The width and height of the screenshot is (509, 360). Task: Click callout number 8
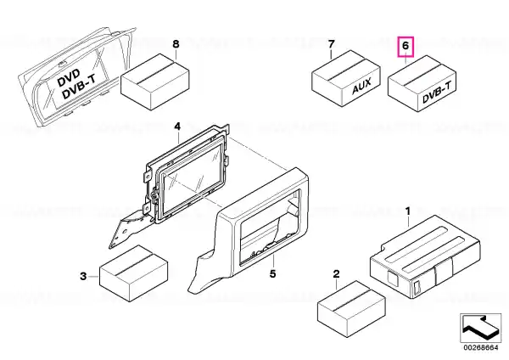[x=176, y=44]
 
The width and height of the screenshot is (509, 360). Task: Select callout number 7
[x=331, y=44]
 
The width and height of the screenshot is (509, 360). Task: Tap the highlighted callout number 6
[x=406, y=46]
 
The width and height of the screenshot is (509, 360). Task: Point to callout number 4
[x=177, y=127]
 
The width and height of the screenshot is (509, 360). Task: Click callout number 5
[x=272, y=274]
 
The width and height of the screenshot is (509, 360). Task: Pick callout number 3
[x=83, y=276]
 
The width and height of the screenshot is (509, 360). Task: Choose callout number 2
[x=336, y=274]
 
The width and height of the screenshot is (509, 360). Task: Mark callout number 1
[x=408, y=211]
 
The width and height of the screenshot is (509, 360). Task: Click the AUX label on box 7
[x=361, y=86]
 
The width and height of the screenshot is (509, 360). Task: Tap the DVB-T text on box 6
[x=437, y=93]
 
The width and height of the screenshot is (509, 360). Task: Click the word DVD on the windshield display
[x=68, y=78]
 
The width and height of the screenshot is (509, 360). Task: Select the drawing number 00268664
[x=481, y=347]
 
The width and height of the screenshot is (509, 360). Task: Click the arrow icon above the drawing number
[x=480, y=328]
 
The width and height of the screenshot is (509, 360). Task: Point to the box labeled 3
[x=133, y=273]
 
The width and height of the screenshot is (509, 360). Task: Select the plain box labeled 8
[x=155, y=82]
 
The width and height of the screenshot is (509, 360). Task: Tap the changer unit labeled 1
[x=425, y=256]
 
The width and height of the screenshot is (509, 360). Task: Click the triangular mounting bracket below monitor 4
[x=126, y=230]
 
